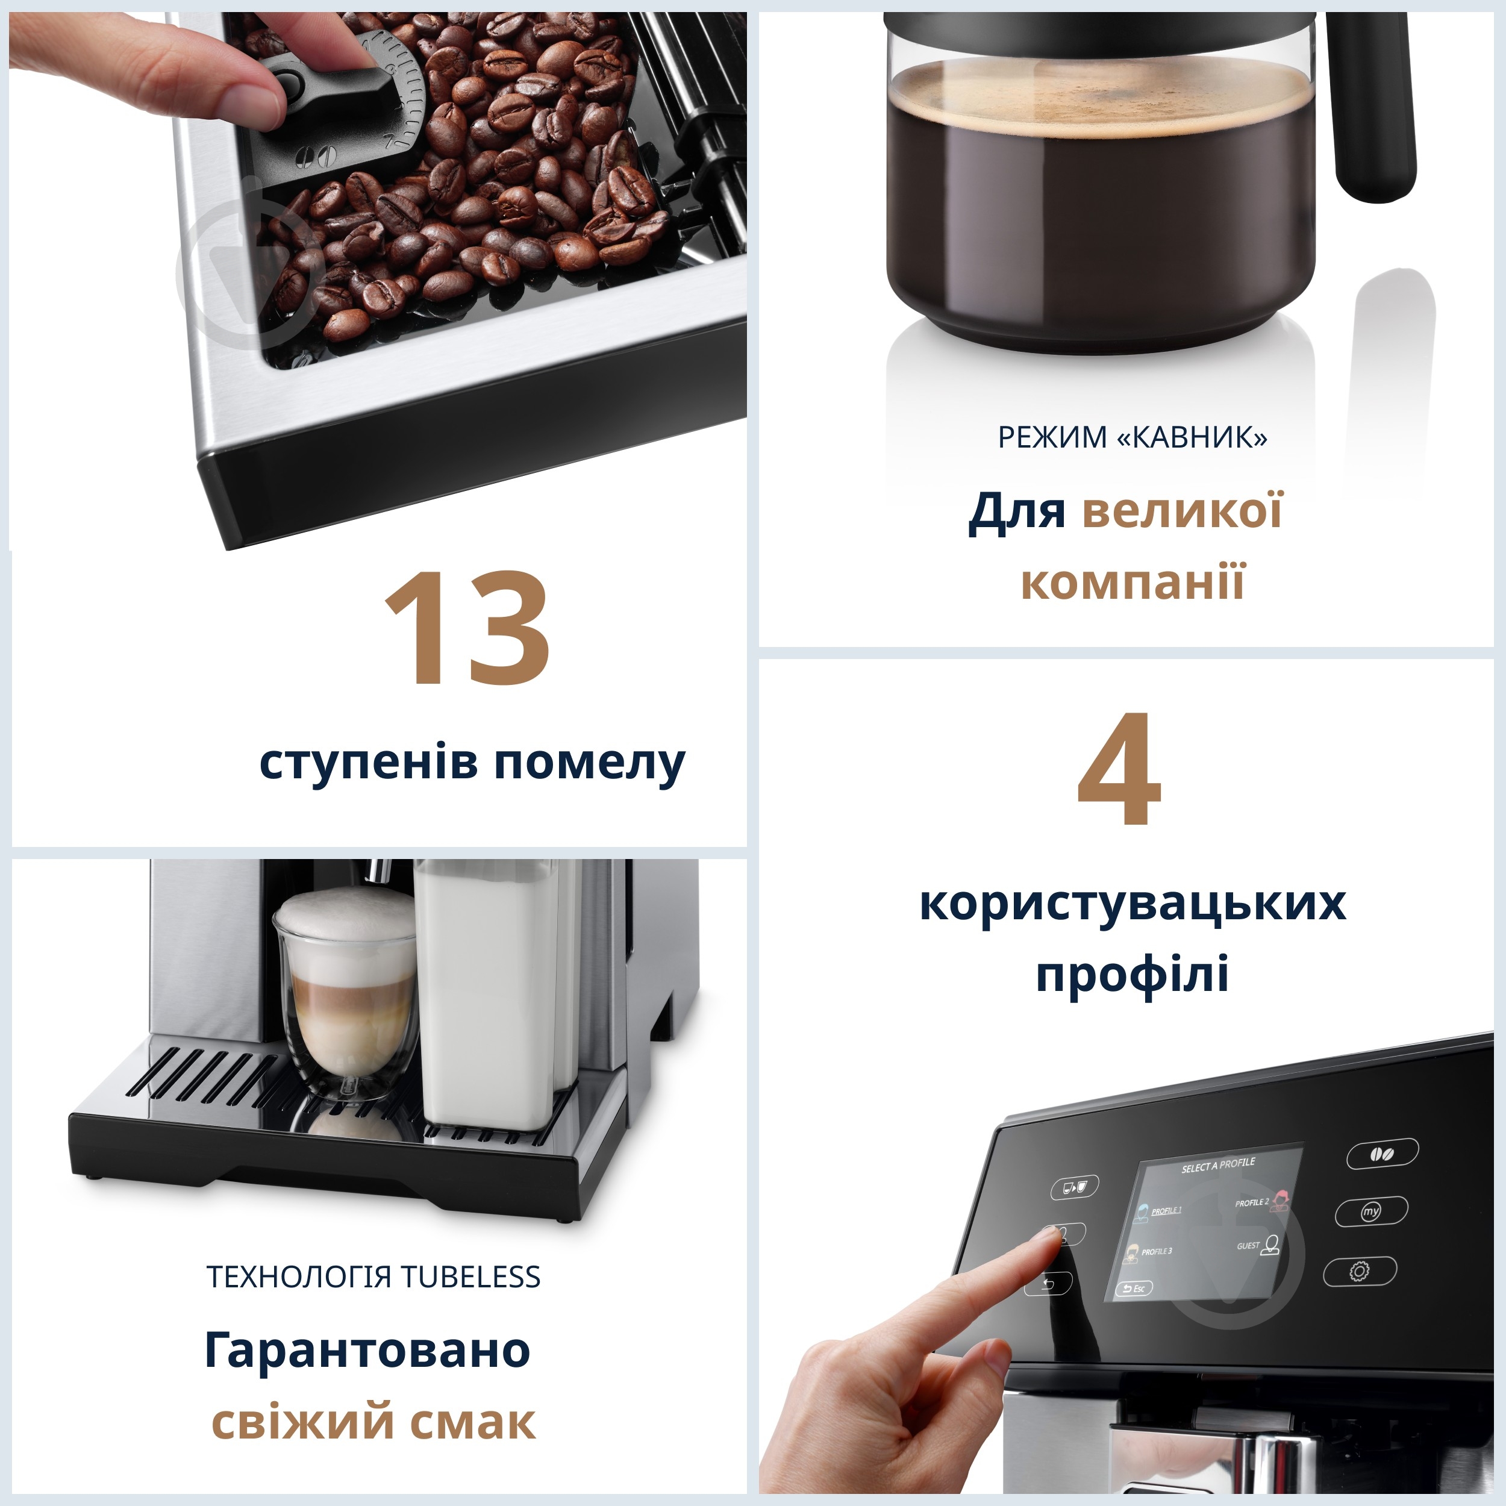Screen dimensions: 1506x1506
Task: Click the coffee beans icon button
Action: [1383, 1154]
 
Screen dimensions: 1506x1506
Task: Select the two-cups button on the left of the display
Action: [1074, 1187]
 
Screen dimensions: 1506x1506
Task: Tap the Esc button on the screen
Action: [1134, 1289]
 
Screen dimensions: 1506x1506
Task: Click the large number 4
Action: [1119, 769]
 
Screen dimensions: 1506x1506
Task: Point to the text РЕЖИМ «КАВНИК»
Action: [1132, 437]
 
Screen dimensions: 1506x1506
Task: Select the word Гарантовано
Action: [367, 1349]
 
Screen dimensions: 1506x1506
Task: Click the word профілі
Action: [1132, 974]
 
